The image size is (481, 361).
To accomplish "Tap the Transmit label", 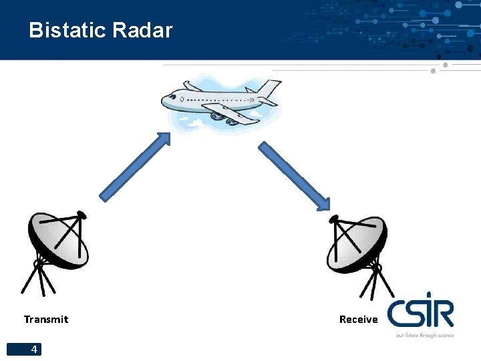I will coord(46,320).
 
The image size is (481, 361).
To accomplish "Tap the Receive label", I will coord(359,320).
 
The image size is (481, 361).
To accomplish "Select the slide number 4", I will coord(34,349).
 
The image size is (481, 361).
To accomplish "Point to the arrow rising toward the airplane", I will coord(134,167).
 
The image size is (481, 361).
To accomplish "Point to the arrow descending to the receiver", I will coord(294,175).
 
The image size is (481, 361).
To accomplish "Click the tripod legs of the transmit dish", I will coord(41,279).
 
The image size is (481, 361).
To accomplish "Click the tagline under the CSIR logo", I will coord(424,335).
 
